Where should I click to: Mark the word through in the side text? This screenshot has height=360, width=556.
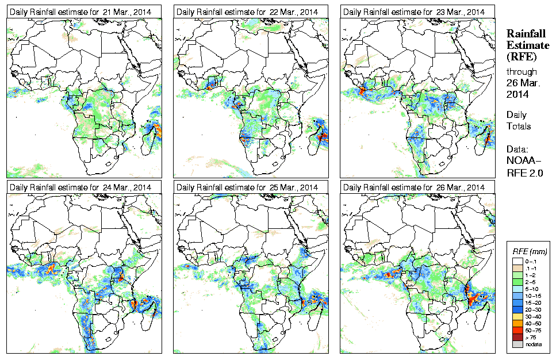pyautogui.click(x=521, y=72)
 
